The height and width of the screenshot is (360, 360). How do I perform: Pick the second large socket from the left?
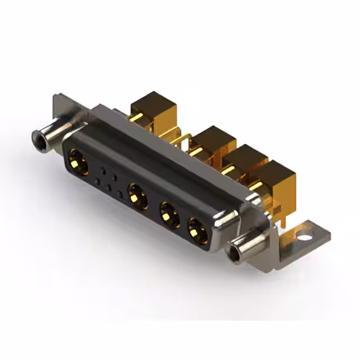[137, 196]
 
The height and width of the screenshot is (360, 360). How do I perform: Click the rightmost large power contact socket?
[196, 229]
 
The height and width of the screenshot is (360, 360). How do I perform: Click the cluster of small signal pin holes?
[108, 179]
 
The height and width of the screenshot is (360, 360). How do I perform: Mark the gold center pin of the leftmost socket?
[77, 164]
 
